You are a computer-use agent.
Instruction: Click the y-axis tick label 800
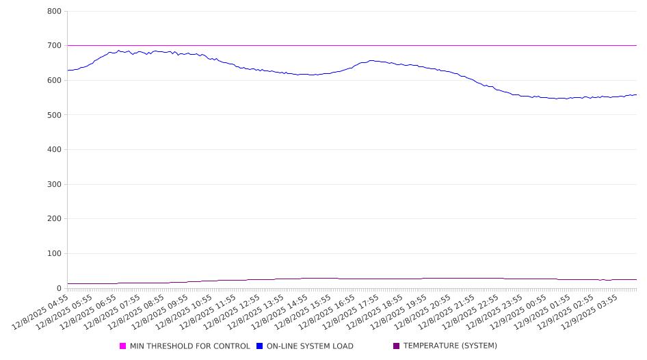tap(55, 12)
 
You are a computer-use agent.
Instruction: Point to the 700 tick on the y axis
tap(55, 46)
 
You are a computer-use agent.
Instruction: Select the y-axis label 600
tap(55, 81)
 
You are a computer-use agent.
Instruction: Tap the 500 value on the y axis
tap(55, 115)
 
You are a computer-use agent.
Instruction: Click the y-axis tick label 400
tap(55, 150)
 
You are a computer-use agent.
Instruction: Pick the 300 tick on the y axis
tap(55, 185)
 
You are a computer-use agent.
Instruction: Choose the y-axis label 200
tap(55, 219)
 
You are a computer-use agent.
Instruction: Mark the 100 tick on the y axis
tap(55, 254)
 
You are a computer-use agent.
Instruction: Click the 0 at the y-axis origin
tap(60, 289)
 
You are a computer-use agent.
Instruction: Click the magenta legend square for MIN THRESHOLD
tap(123, 346)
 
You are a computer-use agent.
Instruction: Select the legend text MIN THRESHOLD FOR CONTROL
tap(189, 346)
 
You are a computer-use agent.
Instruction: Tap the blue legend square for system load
tap(260, 346)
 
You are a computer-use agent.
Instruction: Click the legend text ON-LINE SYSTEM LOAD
tap(310, 346)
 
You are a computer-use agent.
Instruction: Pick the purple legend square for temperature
tap(397, 346)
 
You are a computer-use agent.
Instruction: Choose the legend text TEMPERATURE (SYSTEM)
tap(450, 346)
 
